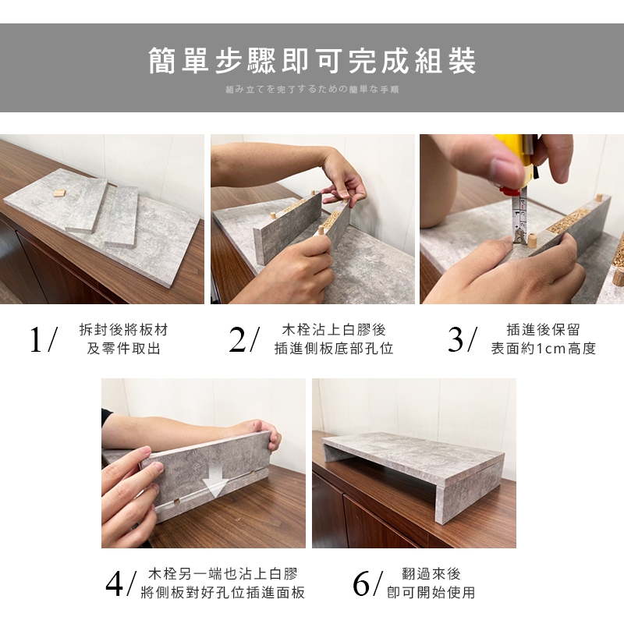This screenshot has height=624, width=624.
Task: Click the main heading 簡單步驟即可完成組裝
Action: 312,61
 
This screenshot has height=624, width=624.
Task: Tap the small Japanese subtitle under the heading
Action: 312,90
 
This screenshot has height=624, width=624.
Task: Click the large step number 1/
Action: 44,339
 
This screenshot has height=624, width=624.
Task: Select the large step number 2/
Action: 244,339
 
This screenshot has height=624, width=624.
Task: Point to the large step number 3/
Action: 462,339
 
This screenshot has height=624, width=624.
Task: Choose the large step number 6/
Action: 368,583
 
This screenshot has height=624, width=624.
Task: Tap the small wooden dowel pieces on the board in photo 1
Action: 60,193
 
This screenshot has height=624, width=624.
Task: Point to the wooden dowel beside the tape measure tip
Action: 532,241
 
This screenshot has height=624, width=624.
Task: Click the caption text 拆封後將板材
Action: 124,329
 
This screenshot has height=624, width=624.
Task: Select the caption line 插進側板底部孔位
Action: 334,348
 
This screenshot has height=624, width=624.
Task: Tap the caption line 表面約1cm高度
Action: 543,348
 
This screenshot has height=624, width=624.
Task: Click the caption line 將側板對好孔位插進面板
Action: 223,593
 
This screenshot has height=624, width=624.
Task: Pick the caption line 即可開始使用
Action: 431,593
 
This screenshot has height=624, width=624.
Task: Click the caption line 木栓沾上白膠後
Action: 334,329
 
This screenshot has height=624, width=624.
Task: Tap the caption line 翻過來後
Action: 431,574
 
